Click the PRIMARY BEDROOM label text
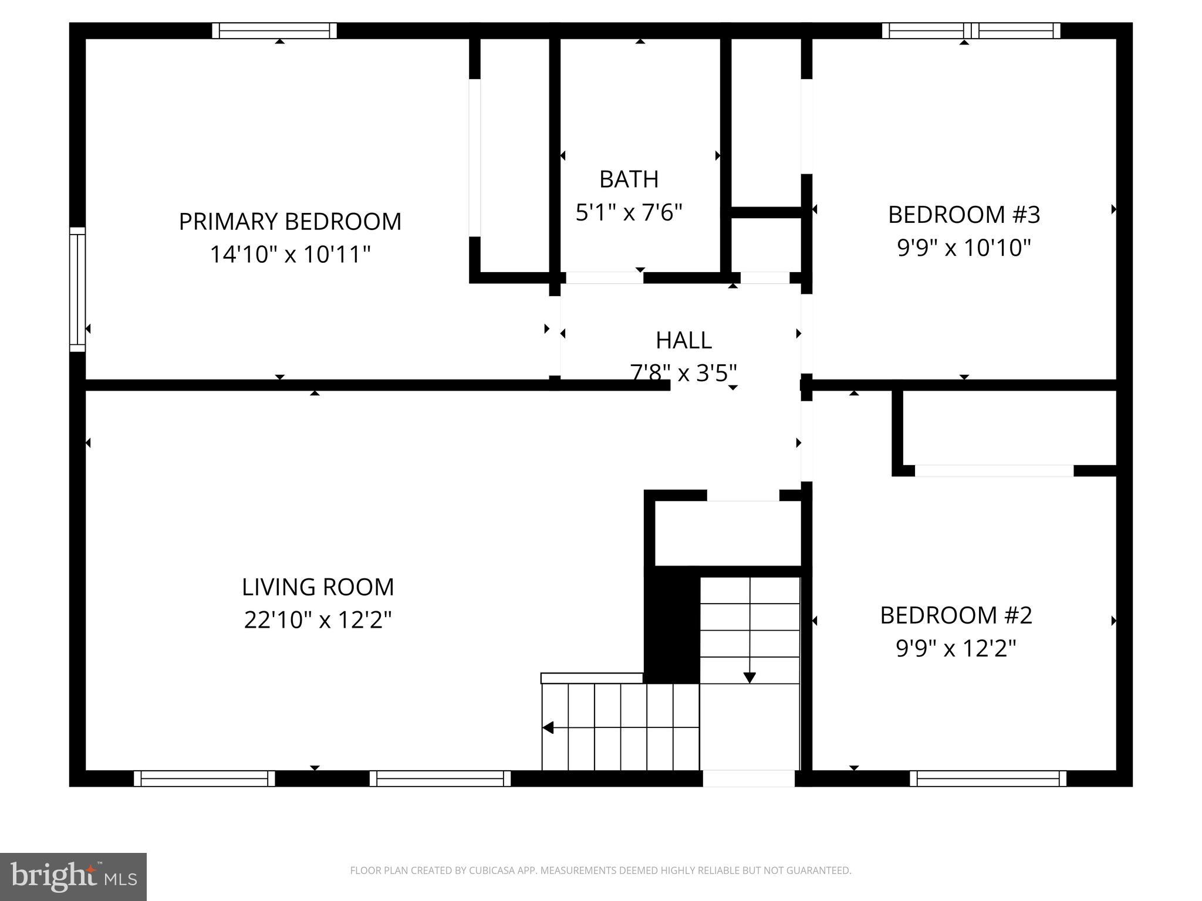[290, 222]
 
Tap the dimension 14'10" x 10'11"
[290, 255]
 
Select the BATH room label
[629, 179]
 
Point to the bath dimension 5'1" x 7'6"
[629, 212]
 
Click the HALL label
[683, 340]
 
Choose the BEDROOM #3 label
[964, 215]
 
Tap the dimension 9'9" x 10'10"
[964, 248]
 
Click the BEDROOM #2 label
[955, 615]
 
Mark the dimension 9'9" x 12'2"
[955, 649]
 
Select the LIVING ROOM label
[318, 587]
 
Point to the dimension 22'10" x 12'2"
[318, 620]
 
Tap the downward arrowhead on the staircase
[749, 678]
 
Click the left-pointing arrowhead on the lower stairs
[548, 728]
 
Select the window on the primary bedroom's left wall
[77, 289]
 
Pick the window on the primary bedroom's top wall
[274, 31]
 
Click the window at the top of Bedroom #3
[971, 31]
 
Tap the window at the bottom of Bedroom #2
[988, 778]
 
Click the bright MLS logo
[73, 877]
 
